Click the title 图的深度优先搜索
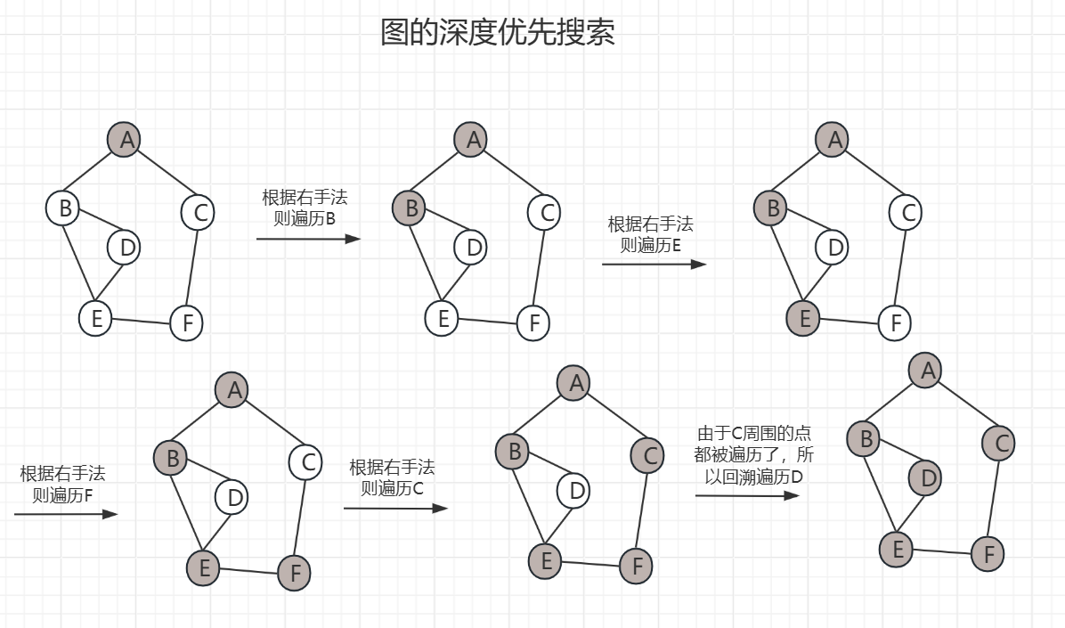pos(497,33)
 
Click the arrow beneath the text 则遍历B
pos(308,239)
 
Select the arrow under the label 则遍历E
pos(654,264)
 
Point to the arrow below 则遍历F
pos(66,514)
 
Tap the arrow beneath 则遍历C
pos(395,509)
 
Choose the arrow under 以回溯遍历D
pos(747,495)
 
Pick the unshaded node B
pos(64,208)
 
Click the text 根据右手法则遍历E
pos(650,234)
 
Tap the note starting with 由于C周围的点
pos(754,454)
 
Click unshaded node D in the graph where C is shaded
pos(577,490)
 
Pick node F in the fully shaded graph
pos(988,554)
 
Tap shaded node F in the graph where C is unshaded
pos(295,572)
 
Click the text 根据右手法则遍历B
pos(304,207)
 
